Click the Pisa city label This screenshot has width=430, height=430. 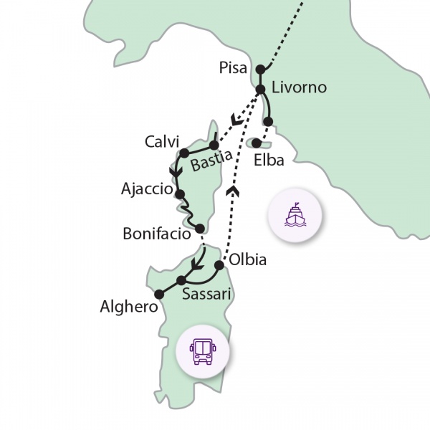click(234, 69)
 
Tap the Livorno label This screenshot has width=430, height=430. click(299, 87)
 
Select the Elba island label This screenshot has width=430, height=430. click(269, 160)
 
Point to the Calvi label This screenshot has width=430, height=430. click(161, 140)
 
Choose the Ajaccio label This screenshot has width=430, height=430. click(148, 190)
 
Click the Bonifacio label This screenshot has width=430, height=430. click(156, 234)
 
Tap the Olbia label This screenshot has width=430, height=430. click(247, 259)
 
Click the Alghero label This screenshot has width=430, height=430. click(129, 308)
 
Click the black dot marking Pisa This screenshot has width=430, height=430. click(260, 70)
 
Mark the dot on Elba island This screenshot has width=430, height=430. click(256, 143)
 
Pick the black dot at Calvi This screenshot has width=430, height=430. click(184, 153)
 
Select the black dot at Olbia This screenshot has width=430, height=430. click(219, 265)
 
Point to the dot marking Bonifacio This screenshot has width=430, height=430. click(200, 229)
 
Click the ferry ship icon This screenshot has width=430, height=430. click(294, 214)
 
